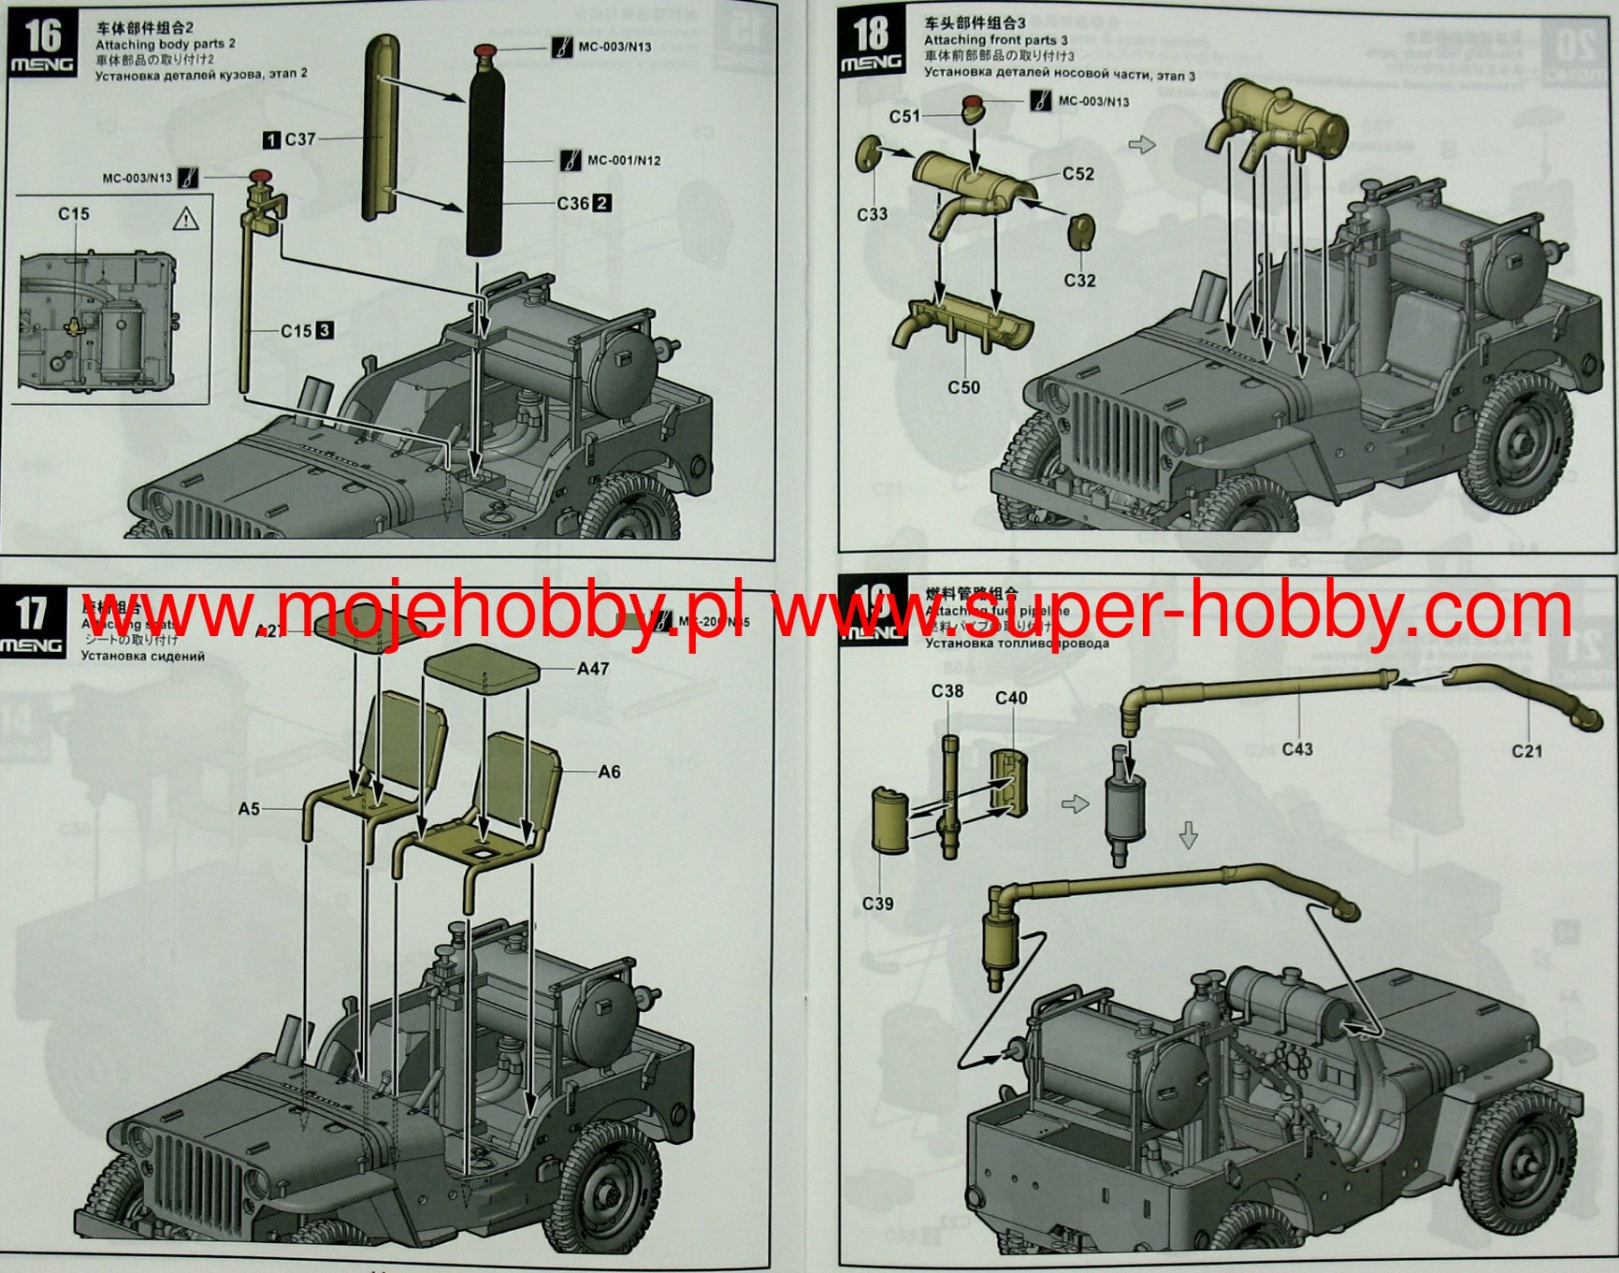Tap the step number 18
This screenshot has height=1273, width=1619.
(871, 35)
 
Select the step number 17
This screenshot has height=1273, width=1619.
(31, 614)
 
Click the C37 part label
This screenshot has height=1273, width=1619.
(300, 139)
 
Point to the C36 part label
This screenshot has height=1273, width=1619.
(573, 203)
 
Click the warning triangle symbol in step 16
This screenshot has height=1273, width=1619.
(187, 220)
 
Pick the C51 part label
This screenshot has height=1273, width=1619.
(904, 116)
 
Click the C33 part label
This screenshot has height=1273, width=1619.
(872, 214)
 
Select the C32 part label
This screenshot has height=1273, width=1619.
(1079, 280)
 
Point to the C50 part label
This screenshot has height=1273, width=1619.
(963, 386)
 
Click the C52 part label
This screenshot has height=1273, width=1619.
(1077, 174)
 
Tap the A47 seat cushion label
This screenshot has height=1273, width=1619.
(593, 669)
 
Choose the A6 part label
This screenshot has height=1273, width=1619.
(609, 772)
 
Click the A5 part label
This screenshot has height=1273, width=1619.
(249, 808)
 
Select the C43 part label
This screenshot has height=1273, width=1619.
(1297, 749)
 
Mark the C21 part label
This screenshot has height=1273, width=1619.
(1526, 750)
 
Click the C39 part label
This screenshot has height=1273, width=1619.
(877, 904)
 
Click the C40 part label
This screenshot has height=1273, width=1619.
(1011, 698)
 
